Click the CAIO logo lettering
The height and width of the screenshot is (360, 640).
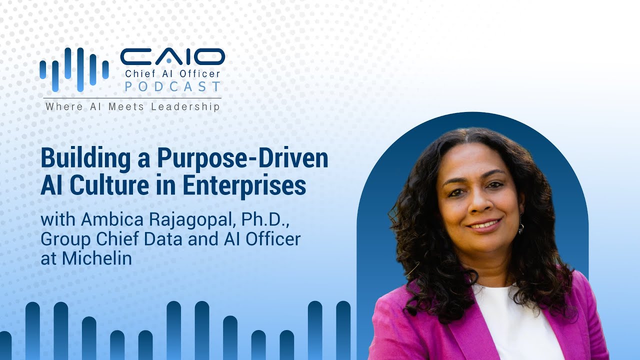coord(172,56)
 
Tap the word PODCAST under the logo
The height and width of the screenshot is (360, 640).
coord(173,86)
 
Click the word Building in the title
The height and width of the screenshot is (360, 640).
coord(85,159)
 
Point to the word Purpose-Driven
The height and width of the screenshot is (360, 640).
coord(242,159)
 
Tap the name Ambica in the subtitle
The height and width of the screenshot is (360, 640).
coord(112,219)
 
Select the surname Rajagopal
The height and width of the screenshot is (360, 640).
coord(193,220)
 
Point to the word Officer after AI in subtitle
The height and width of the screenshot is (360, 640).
coord(273,238)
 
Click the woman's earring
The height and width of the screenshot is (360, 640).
coord(521,224)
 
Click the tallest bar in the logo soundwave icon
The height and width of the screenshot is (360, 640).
coord(80,70)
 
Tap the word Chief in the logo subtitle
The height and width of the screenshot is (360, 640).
coord(135,73)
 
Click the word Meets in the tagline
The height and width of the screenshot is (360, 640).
coord(126,107)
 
